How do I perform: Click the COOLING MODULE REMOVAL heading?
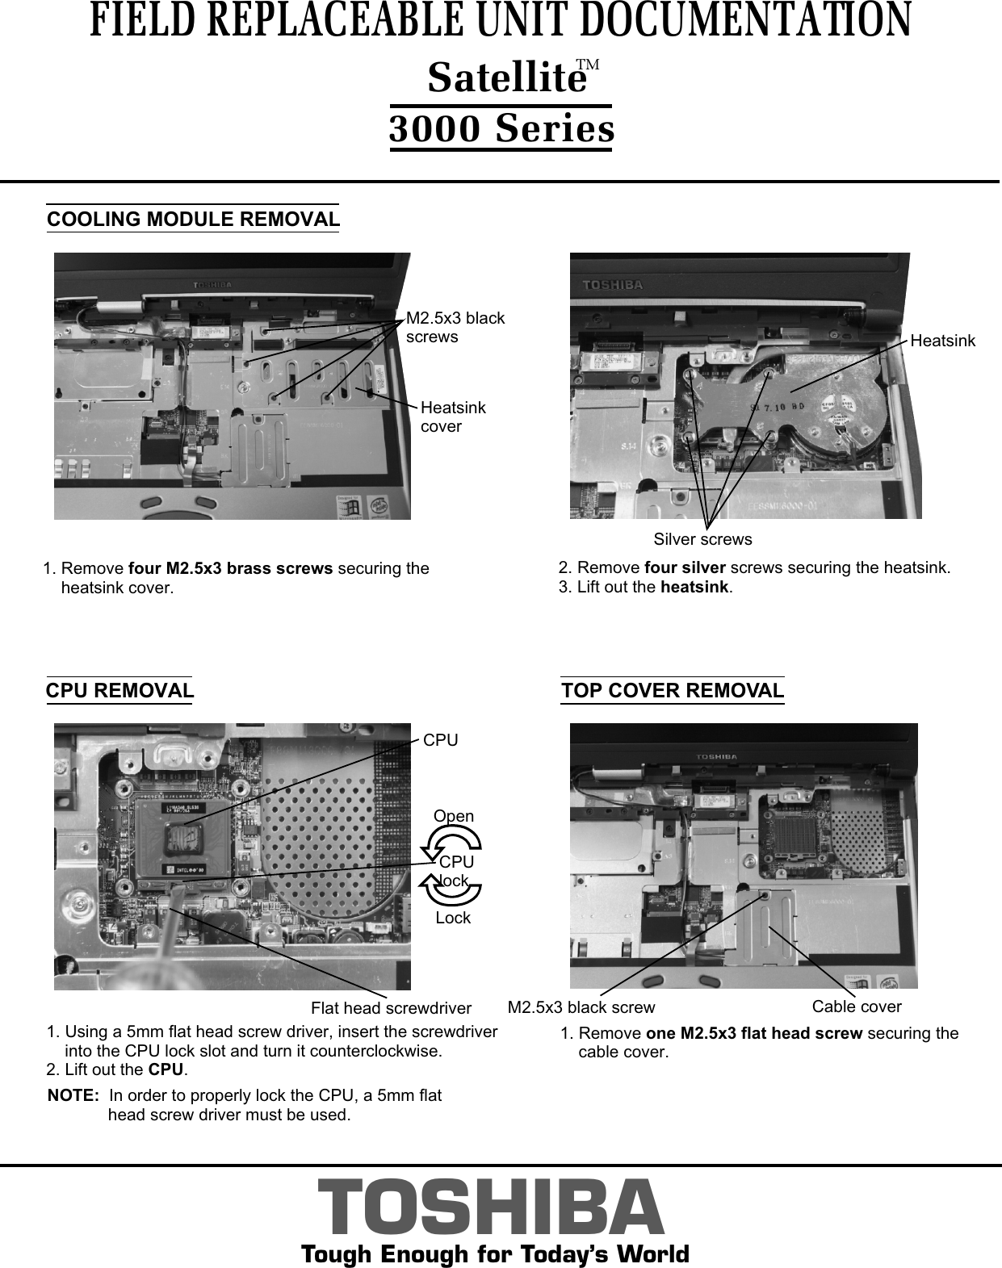[x=193, y=220]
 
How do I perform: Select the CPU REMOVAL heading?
[x=119, y=691]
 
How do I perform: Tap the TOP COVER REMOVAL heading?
[x=673, y=691]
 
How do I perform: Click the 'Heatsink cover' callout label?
[x=453, y=417]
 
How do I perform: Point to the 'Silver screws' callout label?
[x=702, y=539]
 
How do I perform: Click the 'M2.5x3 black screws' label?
[x=455, y=327]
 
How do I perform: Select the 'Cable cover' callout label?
[x=856, y=1006]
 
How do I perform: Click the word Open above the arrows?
[x=454, y=816]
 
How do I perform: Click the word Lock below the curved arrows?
[x=452, y=918]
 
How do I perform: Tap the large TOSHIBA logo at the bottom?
[x=491, y=1206]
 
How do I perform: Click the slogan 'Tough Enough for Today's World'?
[x=494, y=1254]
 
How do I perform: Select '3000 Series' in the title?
[x=501, y=129]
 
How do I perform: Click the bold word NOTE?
[x=74, y=1096]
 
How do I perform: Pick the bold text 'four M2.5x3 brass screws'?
[x=230, y=568]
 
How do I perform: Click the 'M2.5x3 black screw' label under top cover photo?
[x=581, y=1007]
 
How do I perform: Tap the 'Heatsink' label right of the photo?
[x=942, y=341]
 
